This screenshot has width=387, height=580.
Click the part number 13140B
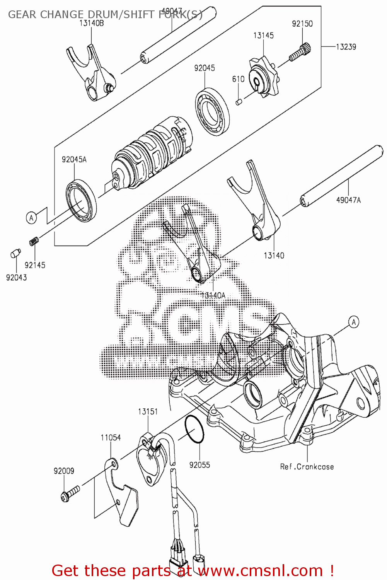coord(92,23)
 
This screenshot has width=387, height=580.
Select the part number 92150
coord(302,24)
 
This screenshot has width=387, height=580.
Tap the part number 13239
coord(346,47)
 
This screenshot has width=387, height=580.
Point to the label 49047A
coord(348,200)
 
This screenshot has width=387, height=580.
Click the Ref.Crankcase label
coord(307,467)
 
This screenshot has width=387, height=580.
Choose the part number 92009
coord(64,471)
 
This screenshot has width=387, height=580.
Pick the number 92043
coord(17,277)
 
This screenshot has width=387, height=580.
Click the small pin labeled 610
coord(239,102)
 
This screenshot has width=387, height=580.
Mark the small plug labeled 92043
coord(15,254)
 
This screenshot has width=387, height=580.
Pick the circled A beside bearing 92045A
coord(31,218)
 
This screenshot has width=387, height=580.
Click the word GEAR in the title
coord(23,15)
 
